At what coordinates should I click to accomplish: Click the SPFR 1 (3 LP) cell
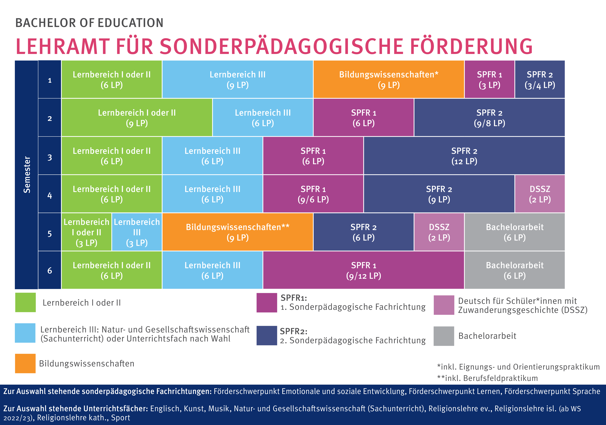[x=489, y=79]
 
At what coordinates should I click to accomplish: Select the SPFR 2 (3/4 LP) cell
[x=540, y=79]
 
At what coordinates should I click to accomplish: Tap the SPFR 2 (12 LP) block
[x=464, y=156]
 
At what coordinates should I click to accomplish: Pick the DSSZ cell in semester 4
[x=540, y=194]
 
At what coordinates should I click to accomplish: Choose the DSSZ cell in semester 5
[x=439, y=232]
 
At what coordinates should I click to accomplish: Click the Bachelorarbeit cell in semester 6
[x=514, y=270]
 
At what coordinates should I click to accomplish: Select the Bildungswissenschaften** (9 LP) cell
[x=238, y=232]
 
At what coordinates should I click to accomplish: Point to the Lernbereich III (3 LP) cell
[x=137, y=232]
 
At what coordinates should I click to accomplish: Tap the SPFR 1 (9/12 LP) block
[x=363, y=270]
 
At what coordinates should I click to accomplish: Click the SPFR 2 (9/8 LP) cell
[x=489, y=118]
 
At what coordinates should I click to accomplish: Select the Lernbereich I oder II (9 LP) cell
[x=137, y=118]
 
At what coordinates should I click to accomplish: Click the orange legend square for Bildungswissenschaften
[x=25, y=363]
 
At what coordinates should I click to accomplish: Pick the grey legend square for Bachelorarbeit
[x=444, y=336]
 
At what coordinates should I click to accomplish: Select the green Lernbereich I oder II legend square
[x=25, y=302]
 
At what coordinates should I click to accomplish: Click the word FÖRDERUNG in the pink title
[x=471, y=46]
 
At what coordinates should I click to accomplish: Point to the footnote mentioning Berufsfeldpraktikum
[x=487, y=378]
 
